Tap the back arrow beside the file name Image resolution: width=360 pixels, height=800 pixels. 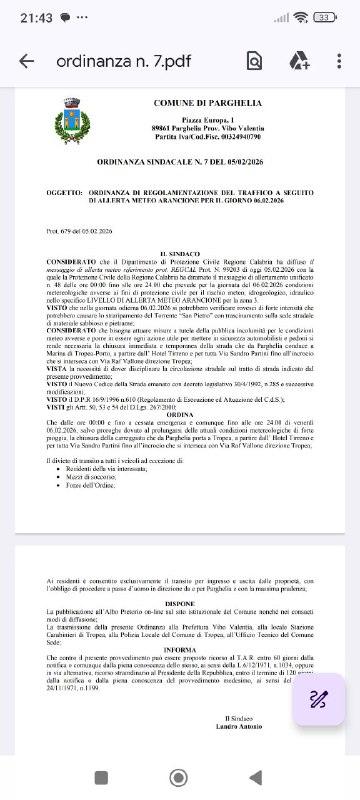[26, 61]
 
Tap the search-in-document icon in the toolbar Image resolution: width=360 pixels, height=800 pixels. [254, 61]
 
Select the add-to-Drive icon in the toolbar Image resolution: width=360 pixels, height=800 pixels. [298, 61]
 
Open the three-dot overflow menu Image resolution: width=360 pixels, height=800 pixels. [338, 61]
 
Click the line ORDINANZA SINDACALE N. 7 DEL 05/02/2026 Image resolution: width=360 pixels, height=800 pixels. [180, 160]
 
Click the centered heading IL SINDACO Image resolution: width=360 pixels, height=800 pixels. [180, 256]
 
